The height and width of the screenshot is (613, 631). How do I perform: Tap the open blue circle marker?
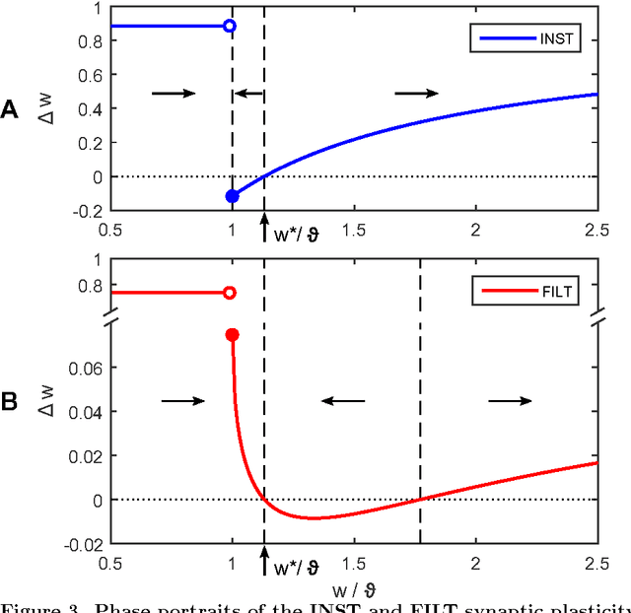tap(230, 26)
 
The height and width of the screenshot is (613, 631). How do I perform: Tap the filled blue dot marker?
tap(232, 196)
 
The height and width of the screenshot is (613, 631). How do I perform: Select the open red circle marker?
tap(230, 293)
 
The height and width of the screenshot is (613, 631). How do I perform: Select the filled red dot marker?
tap(233, 335)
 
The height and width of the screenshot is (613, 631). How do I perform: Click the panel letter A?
tap(11, 110)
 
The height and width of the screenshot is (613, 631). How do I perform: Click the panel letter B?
tap(11, 402)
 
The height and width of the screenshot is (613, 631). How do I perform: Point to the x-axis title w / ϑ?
tap(354, 588)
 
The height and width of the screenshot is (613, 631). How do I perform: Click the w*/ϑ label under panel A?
tap(297, 235)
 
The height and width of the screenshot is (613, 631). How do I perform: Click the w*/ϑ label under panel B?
tap(297, 568)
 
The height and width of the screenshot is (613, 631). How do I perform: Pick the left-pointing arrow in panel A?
tap(248, 93)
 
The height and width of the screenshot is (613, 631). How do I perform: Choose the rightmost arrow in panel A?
tap(416, 93)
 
